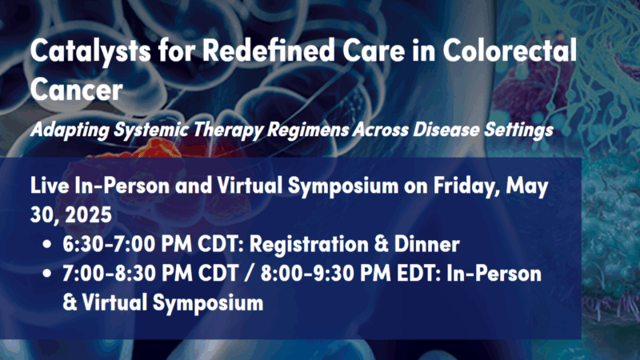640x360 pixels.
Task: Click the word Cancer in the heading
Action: click(x=77, y=89)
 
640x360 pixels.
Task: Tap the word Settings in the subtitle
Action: click(x=520, y=128)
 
